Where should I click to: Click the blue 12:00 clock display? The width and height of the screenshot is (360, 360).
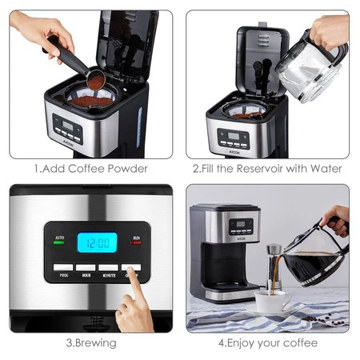(x=96, y=242)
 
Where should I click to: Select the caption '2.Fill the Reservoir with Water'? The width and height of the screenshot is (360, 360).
(x=267, y=169)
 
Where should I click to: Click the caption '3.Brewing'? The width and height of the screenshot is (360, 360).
(x=90, y=343)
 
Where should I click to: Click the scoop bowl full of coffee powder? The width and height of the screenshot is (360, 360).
(x=96, y=82)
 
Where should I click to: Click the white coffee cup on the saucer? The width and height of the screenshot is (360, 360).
(x=273, y=301)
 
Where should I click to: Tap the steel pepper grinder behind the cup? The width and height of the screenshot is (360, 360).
(x=274, y=264)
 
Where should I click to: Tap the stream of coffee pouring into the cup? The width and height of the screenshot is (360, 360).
(x=277, y=280)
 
